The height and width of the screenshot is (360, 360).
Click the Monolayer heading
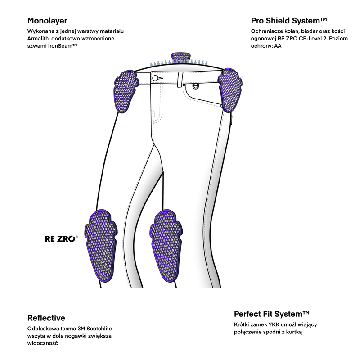click(47, 21)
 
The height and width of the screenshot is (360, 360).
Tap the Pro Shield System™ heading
click(288, 21)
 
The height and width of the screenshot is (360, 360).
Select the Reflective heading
click(46, 318)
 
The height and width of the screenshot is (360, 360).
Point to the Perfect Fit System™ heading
click(272, 314)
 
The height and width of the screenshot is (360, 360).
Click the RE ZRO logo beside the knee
click(61, 239)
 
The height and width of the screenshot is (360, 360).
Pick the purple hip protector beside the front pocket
click(231, 88)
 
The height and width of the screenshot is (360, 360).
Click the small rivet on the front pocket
click(195, 85)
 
